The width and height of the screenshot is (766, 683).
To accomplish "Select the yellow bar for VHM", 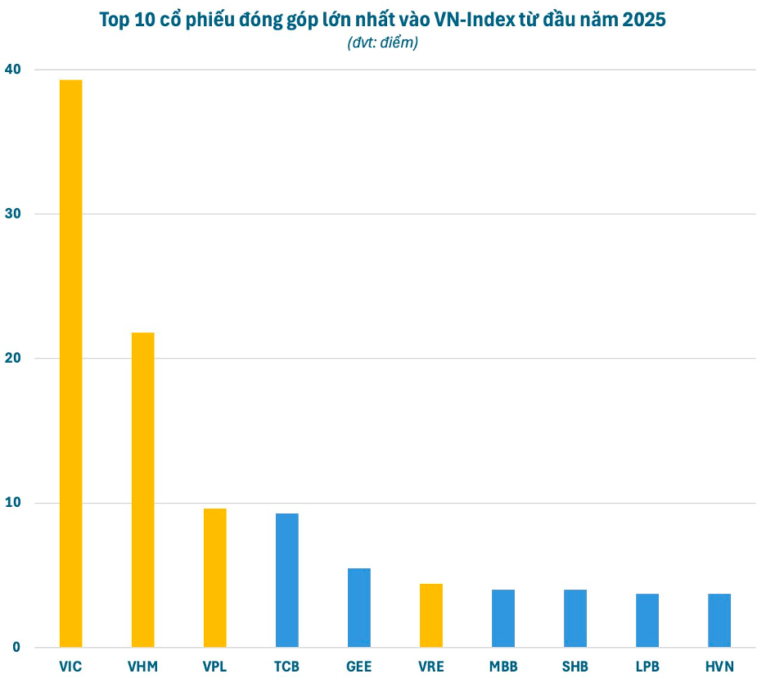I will pos(142,489).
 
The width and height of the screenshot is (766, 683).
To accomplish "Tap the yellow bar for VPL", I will pos(214,577).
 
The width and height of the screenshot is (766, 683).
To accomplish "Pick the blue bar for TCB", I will pos(286,580).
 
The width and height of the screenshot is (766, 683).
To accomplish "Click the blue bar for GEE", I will pos(358,607).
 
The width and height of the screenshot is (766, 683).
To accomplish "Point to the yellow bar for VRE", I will pos(430,615).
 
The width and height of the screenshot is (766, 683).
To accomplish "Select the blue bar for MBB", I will pos(502,617).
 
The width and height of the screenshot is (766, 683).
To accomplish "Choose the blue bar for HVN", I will pos(719,620).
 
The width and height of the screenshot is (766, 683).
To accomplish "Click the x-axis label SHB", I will pos(574,667).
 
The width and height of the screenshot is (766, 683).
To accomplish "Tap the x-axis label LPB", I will pos(647,667).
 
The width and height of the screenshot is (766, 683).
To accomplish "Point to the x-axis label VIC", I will pos(70,667).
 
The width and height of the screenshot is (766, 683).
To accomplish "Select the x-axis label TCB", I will pos(286,667).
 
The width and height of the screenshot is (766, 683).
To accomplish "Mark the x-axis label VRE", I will pos(430,667).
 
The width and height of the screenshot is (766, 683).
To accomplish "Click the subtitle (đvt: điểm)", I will pos(382,43).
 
